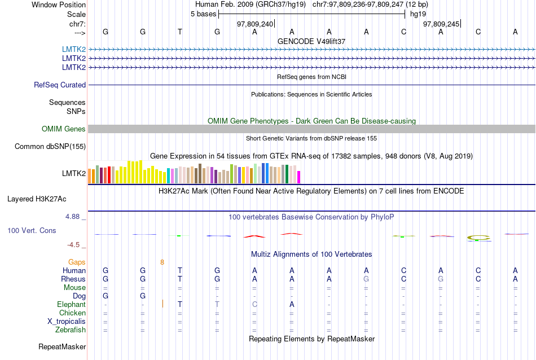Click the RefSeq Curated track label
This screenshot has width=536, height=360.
[x=60, y=85]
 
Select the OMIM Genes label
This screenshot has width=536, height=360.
[x=64, y=129]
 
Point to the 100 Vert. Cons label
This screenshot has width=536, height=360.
[x=32, y=231]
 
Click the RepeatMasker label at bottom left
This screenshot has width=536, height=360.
[x=62, y=346]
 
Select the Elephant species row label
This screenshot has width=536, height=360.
[x=71, y=305]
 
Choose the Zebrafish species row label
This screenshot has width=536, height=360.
[x=71, y=330]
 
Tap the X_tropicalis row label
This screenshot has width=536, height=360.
[x=67, y=322]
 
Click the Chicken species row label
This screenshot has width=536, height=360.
[x=73, y=313]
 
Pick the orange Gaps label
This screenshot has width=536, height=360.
[x=77, y=262]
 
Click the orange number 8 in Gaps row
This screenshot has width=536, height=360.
[x=162, y=262]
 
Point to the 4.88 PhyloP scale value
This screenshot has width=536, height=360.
[x=74, y=217]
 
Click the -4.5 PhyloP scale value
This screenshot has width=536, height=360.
[x=74, y=245]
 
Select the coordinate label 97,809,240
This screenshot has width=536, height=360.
[x=255, y=24]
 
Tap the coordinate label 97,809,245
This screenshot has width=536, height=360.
[x=441, y=24]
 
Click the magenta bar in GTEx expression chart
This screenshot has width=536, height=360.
[x=299, y=177]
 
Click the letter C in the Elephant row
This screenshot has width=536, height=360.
[x=254, y=305]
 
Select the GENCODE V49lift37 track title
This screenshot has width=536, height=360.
[x=311, y=41]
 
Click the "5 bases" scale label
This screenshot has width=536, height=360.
[x=204, y=14]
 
